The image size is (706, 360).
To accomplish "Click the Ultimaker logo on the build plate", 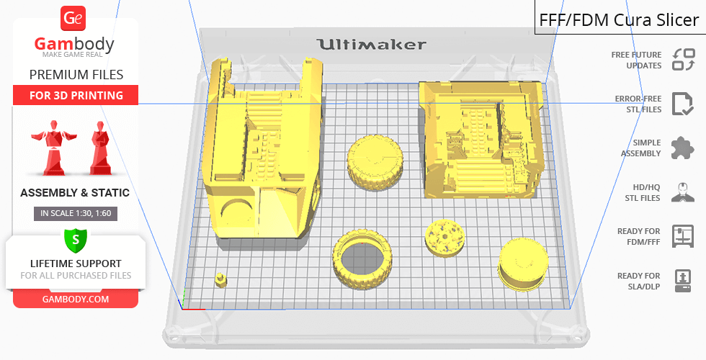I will point(371,45).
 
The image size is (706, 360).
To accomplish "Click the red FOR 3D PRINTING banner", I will point(76,95).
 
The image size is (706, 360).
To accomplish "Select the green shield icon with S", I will point(75,238).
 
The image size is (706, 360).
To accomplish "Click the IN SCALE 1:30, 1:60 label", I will point(75,213).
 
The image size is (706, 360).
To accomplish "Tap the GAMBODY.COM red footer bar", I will point(75,299).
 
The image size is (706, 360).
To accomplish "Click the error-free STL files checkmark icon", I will point(682,104).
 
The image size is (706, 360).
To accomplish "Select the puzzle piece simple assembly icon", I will point(682,148).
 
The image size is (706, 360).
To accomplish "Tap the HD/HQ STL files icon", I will point(682,192).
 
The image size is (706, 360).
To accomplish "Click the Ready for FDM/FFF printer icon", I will point(682,235).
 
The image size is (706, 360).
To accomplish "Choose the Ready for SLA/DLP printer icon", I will point(682,280).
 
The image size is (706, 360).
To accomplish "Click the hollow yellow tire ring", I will point(364,261).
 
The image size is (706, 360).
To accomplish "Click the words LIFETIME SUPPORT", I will point(75,264).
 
